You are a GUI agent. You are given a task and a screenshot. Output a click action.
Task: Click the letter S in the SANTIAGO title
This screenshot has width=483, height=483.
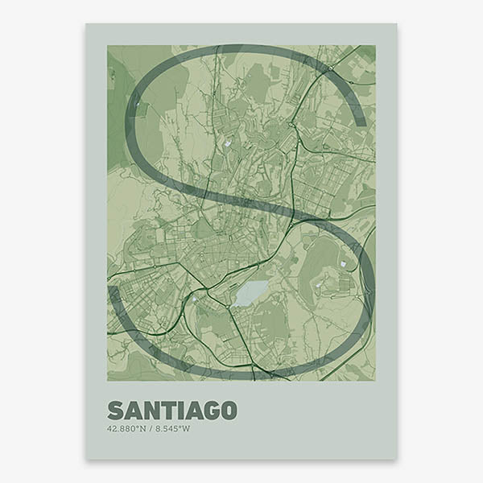pos(115,410)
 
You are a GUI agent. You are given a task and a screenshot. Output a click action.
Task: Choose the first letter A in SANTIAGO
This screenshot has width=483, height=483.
pos(133,410)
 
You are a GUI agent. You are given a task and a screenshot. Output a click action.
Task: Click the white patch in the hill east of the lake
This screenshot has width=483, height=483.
pos(345,263)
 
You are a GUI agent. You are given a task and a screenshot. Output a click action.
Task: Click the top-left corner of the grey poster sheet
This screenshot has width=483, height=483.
pos(87,24)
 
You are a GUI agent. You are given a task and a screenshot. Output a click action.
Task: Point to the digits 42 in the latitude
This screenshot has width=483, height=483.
pos(111,427)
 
